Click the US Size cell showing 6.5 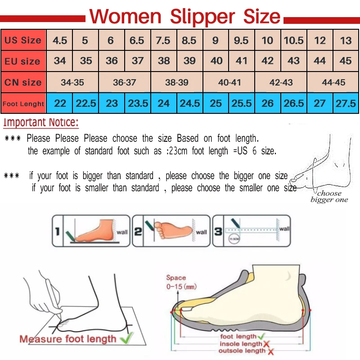137,40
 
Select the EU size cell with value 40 216,61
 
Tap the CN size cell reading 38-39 177,82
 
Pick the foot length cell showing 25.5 242,103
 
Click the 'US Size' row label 23,40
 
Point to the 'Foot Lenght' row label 23,104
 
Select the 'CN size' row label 23,82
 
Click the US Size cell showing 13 346,40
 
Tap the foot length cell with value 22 60,103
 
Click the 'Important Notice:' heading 41,122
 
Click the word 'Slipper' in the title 202,17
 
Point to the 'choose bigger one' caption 329,197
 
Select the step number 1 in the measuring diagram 58,232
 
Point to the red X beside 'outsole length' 270,351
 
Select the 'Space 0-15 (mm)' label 180,282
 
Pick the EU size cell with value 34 60,61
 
